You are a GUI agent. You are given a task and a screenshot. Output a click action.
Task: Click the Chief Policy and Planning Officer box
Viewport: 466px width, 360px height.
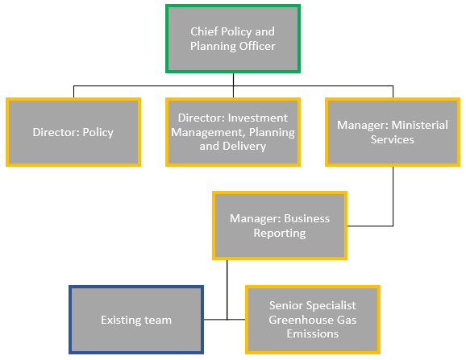point(233,39)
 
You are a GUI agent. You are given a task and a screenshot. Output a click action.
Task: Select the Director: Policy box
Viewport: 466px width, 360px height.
point(73,132)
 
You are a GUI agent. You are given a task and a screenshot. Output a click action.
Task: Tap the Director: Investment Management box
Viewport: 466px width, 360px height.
point(233,132)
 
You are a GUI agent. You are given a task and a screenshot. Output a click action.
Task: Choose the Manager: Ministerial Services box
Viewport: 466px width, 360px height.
point(393,132)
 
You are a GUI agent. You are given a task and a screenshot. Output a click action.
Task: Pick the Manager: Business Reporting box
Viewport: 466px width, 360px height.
point(280,226)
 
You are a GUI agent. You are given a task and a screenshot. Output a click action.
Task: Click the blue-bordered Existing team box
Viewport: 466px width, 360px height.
point(136,320)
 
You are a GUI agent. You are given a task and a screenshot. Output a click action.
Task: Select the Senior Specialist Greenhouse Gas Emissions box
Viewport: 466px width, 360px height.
point(313,320)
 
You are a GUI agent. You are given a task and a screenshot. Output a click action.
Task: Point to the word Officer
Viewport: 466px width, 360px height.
point(257,46)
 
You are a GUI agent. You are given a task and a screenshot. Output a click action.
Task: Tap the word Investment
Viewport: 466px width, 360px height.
point(258,118)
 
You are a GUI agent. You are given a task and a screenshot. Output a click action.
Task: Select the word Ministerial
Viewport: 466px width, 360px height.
point(419,125)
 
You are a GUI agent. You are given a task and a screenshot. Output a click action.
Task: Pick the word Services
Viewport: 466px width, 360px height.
point(393,139)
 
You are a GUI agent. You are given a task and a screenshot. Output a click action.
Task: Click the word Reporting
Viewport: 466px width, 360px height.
point(280,233)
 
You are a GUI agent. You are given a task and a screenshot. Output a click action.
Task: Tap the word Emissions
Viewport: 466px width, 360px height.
point(313,334)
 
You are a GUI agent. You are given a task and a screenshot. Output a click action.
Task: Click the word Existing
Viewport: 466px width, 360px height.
point(121,320)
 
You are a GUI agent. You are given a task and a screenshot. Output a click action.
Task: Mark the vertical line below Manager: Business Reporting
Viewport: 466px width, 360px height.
point(227,290)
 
